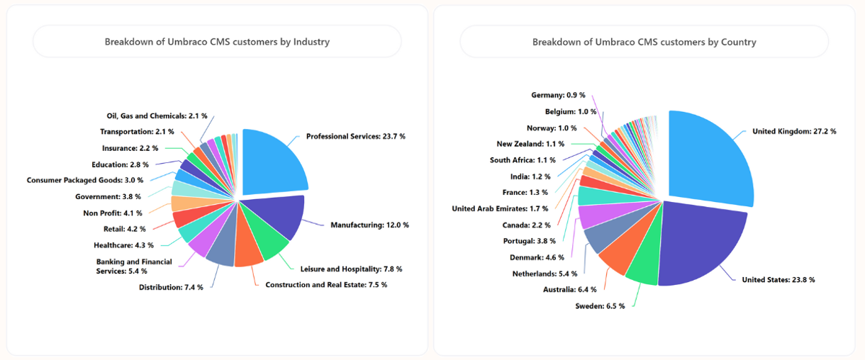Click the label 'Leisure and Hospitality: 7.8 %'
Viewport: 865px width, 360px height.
(x=351, y=269)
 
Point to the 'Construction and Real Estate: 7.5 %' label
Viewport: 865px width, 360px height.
(x=326, y=285)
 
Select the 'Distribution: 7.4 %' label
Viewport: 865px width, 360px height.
(x=171, y=287)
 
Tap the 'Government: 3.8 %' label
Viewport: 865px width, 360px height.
(x=108, y=196)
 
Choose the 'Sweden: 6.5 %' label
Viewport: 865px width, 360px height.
(x=600, y=306)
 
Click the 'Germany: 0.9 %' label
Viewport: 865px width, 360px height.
(x=558, y=95)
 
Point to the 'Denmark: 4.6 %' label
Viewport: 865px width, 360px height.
(x=537, y=257)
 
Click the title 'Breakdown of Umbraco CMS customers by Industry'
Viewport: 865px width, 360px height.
(x=217, y=42)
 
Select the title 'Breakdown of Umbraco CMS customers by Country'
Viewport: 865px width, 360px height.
(x=644, y=42)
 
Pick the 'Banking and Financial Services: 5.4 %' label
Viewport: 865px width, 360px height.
(x=134, y=266)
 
